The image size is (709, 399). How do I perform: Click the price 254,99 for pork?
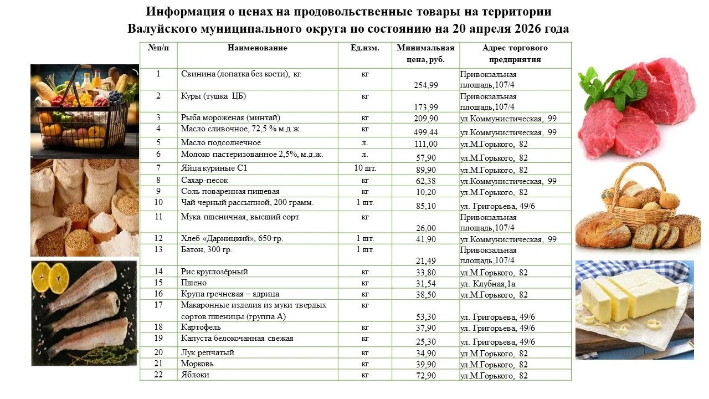click(425, 85)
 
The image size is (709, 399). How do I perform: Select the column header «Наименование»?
click(258, 48)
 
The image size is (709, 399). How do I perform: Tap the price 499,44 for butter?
click(425, 132)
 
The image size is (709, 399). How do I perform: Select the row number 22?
click(158, 375)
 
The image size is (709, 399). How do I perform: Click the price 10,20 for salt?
click(425, 192)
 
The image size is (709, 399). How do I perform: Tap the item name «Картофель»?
click(197, 328)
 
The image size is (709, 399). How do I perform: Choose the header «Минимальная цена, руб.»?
click(425, 54)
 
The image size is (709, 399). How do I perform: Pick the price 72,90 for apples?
click(425, 376)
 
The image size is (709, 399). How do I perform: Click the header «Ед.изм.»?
click(365, 48)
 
